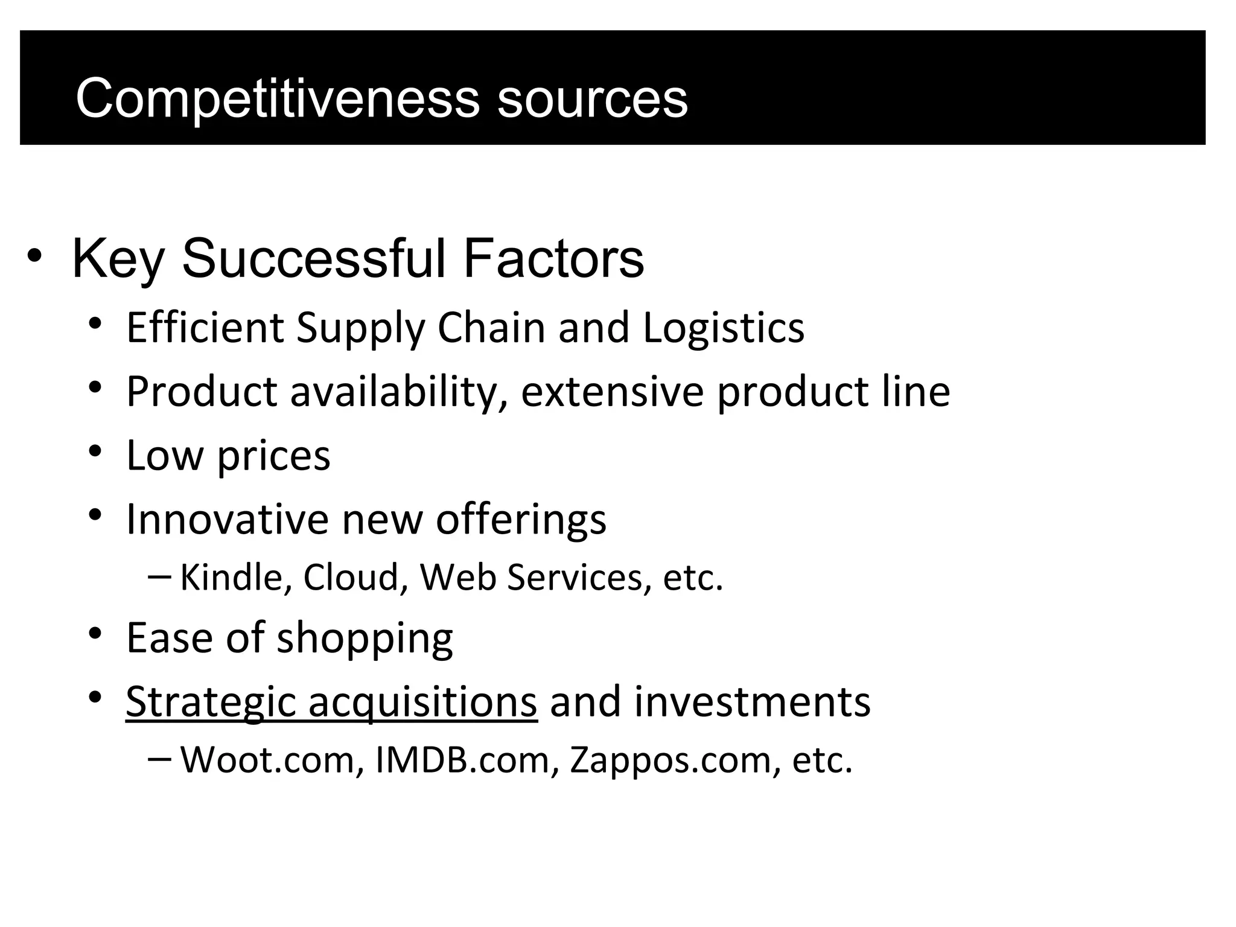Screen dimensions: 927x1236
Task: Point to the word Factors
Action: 553,260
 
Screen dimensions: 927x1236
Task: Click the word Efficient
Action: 205,328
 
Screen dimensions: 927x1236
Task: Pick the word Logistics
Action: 723,328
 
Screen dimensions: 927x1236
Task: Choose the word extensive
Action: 612,392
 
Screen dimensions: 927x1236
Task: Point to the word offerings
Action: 521,520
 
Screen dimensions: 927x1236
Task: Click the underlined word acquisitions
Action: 422,702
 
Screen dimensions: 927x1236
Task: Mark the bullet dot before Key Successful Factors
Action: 34,256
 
